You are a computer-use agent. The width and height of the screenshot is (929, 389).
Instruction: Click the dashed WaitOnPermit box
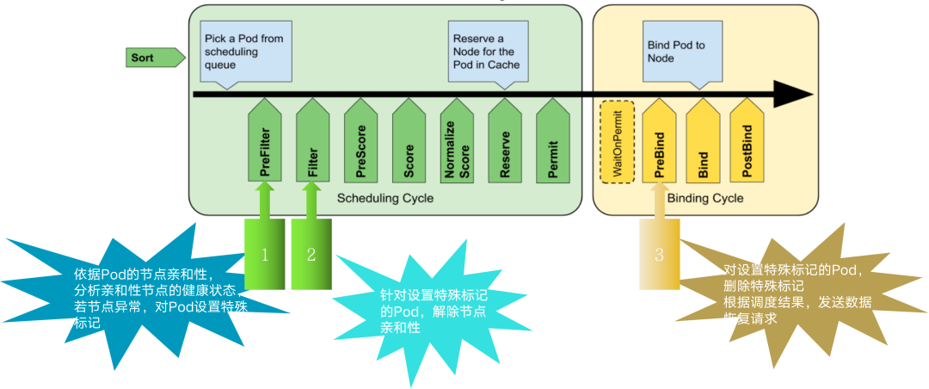point(617,142)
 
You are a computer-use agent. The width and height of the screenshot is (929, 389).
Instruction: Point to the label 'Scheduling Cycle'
point(385,199)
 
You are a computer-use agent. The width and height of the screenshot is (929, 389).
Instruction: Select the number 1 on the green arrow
point(266,254)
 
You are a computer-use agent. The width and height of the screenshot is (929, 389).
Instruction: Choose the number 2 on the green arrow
point(311,254)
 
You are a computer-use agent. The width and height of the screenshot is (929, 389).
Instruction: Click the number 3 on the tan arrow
point(659,254)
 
